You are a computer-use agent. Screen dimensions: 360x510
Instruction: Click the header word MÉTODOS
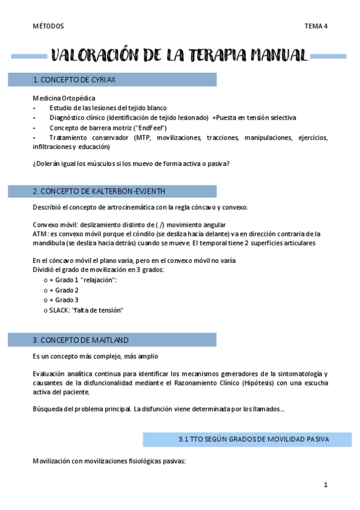48,26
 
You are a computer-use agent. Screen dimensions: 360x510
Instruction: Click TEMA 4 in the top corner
316,26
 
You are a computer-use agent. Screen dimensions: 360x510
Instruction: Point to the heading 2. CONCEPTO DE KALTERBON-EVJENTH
99,191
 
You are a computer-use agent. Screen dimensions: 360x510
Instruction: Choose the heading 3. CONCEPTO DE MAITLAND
81,340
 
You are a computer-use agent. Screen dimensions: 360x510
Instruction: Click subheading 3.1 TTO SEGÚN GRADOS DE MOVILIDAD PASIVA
254,439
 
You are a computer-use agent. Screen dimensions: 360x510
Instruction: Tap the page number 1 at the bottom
325,485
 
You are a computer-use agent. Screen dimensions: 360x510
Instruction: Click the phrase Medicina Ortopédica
64,98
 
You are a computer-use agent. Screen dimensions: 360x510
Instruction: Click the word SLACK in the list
59,310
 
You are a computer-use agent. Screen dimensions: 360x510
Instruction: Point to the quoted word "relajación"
99,280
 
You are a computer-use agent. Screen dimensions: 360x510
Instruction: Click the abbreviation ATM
40,233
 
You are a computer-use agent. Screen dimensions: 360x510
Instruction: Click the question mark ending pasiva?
229,164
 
